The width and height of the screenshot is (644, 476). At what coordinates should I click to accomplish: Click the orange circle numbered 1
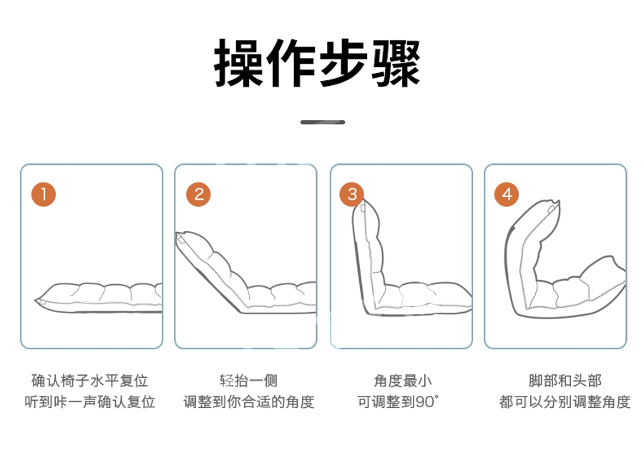tap(44, 194)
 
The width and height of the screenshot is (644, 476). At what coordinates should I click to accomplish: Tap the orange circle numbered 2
tap(198, 194)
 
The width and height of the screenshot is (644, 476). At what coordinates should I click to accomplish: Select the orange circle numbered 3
tap(352, 194)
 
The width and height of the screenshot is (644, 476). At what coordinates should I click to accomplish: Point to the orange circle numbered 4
tap(507, 194)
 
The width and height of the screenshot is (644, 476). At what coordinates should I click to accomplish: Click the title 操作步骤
tap(317, 63)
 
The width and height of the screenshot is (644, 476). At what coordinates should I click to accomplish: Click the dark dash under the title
tap(323, 122)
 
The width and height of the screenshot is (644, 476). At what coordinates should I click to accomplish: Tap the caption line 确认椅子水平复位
tap(89, 381)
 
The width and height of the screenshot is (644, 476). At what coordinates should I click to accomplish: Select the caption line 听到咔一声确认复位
tap(89, 402)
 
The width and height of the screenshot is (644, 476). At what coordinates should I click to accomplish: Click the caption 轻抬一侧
tap(248, 381)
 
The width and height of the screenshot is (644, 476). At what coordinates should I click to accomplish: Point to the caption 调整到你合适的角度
tap(249, 402)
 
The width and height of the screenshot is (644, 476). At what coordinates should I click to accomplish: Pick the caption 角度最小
tap(402, 381)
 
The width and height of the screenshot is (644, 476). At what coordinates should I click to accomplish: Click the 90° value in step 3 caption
tap(426, 402)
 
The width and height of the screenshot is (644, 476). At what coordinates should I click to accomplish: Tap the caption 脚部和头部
tap(565, 381)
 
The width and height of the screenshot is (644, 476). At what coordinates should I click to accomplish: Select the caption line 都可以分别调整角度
tap(565, 402)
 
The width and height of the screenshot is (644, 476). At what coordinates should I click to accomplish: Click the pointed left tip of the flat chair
tap(34, 301)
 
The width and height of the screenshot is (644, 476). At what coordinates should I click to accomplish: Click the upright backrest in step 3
tap(368, 255)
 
